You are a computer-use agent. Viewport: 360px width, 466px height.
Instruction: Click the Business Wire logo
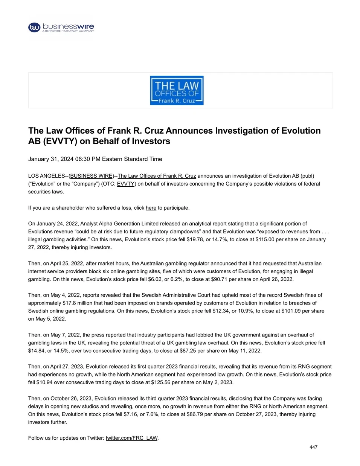(61, 27)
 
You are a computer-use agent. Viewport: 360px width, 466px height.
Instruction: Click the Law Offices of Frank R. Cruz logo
(177, 90)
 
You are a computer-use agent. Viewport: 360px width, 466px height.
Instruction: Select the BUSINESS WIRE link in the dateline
(92, 176)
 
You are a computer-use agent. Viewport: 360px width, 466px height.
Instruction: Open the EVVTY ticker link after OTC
(126, 184)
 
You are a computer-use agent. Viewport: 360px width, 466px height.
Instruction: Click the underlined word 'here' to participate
(151, 208)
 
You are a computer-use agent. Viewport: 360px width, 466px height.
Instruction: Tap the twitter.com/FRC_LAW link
(131, 438)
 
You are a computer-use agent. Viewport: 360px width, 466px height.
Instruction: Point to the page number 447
(313, 447)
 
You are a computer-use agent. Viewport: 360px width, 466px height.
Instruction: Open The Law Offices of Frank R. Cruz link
(157, 176)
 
